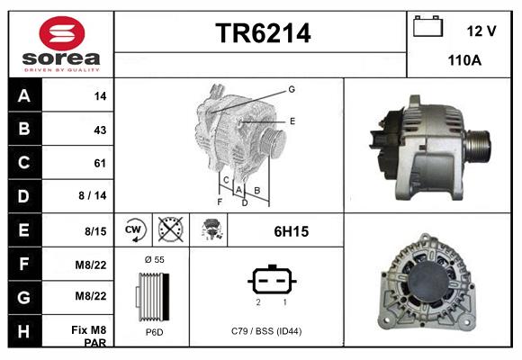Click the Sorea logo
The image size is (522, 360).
(60, 44)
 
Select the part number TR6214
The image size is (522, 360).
(263, 34)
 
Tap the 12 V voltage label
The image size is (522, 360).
(481, 31)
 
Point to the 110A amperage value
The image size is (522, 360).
(465, 60)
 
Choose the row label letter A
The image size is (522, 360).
(23, 95)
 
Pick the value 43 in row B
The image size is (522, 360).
(100, 130)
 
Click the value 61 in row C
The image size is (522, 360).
(100, 163)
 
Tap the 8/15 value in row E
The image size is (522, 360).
(95, 231)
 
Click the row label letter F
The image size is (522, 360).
(23, 265)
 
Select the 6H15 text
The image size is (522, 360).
(291, 231)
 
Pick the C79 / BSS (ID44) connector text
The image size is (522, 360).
(266, 332)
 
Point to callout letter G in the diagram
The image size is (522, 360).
(292, 89)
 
